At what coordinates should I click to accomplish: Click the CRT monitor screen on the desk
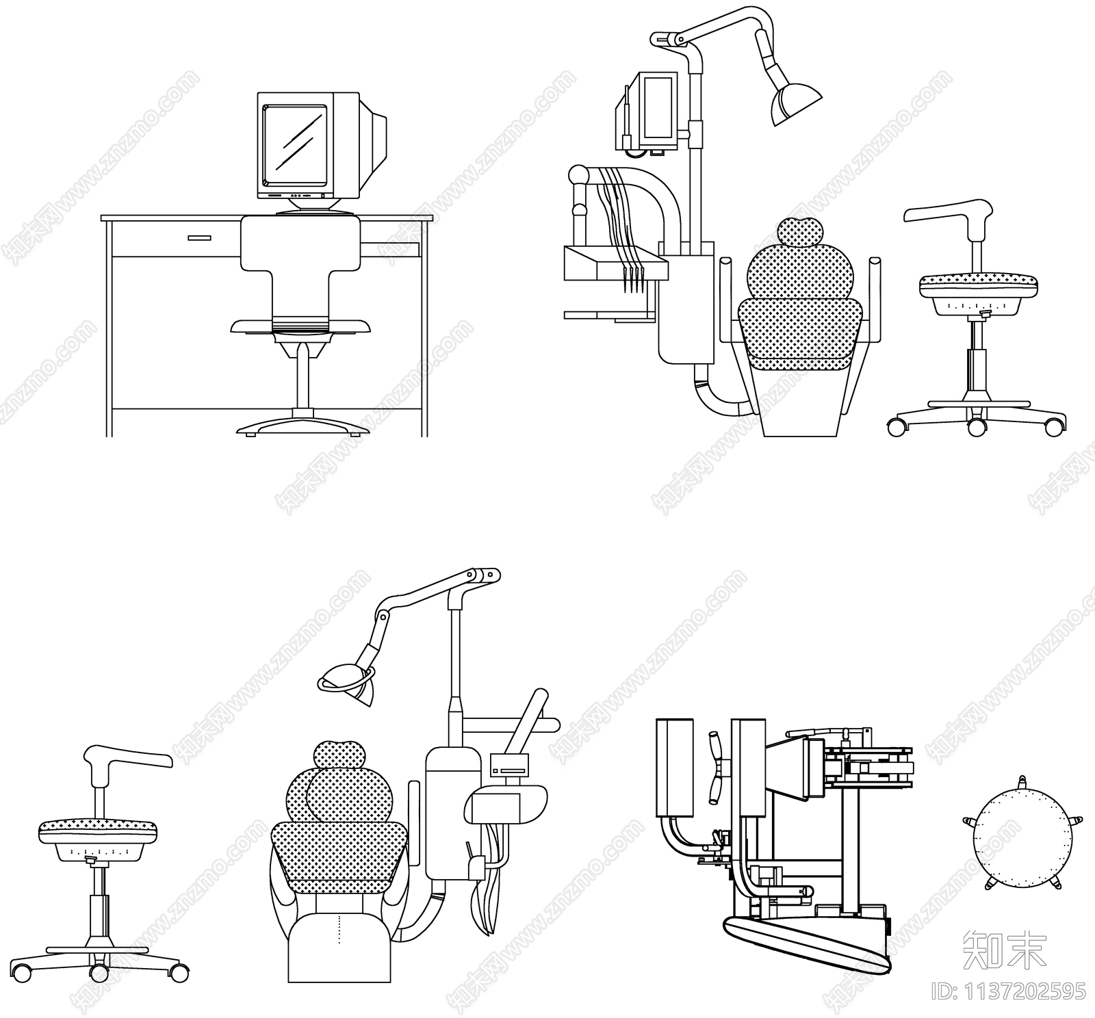294,146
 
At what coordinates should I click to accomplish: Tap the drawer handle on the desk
199,238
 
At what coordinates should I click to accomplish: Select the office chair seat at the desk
301,326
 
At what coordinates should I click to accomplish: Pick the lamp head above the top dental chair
794,103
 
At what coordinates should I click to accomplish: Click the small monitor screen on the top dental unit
658,107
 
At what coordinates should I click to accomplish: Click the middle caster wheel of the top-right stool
977,428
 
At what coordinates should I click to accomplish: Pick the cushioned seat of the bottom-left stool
99,830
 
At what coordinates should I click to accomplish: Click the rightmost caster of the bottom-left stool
180,972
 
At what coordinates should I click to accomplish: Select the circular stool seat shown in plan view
1020,832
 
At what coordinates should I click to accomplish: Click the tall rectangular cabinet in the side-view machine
675,768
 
